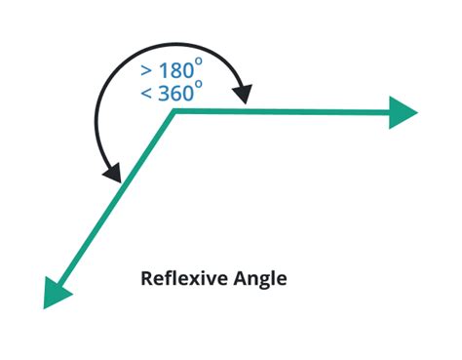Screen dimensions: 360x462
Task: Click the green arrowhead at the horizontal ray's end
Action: [x=403, y=112]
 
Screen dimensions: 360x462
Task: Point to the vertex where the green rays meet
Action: [x=174, y=112]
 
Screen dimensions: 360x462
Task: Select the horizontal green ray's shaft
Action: [x=283, y=112]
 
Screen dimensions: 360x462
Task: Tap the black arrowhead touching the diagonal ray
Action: [x=112, y=173]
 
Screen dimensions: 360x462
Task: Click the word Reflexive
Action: [x=183, y=279]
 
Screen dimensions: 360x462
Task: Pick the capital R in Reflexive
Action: [x=147, y=279]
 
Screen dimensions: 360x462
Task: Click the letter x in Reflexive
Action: [x=198, y=281]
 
